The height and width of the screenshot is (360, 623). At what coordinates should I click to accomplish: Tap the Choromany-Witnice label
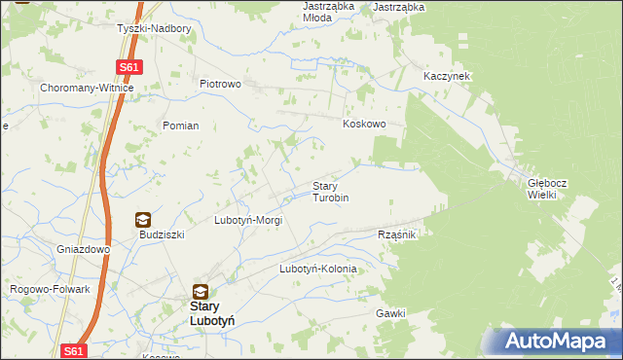pos(87,88)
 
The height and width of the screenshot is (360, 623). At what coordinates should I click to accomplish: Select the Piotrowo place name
pos(220,84)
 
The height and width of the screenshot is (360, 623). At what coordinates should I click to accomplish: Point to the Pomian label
pos(181,126)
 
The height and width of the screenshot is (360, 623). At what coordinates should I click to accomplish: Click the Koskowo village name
pos(365,125)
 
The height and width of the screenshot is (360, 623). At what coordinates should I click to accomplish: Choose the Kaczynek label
pos(447,76)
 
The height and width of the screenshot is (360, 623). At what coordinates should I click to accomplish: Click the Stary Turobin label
pos(330,192)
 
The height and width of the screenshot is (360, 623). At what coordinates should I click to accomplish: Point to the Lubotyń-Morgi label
pos(248,221)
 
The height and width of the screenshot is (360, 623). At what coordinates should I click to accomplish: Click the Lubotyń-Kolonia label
pos(318,269)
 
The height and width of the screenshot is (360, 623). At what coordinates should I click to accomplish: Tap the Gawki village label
pos(389,313)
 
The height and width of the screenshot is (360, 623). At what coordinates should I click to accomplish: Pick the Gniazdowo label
pos(83,249)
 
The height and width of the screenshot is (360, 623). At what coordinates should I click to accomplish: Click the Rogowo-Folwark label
pos(50,289)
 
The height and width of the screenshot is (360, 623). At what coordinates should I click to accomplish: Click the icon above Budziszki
pos(143,220)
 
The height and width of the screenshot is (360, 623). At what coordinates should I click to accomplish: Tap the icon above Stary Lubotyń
pos(200,291)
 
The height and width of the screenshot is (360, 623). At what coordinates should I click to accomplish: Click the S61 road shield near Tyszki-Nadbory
pos(129,67)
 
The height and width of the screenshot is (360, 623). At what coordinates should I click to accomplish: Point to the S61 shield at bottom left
pos(74,350)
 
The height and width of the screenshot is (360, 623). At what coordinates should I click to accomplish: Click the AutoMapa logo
pos(556,341)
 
